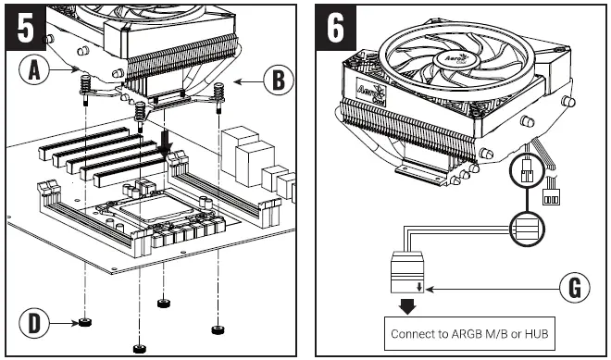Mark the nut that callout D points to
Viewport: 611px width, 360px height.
click(x=84, y=323)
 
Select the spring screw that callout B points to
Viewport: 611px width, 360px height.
click(x=220, y=93)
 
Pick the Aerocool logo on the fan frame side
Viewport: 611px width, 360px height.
click(x=368, y=92)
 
